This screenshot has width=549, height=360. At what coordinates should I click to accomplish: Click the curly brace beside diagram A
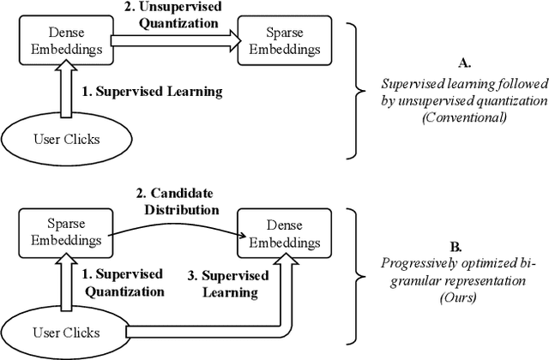(353, 89)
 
